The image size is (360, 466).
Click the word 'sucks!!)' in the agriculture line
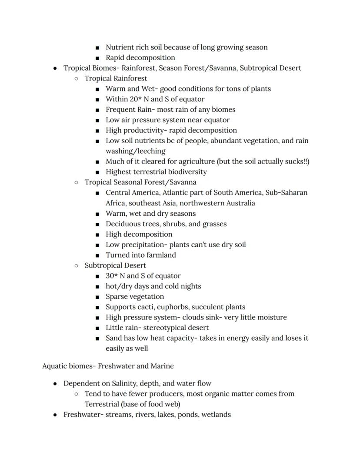(x=295, y=161)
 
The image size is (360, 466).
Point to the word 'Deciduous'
(x=122, y=224)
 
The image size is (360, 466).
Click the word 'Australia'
(x=238, y=203)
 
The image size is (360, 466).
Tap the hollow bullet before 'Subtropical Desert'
(x=76, y=265)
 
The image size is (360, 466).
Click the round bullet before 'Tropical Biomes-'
(x=55, y=68)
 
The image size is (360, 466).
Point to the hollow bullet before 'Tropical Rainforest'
(x=76, y=79)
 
